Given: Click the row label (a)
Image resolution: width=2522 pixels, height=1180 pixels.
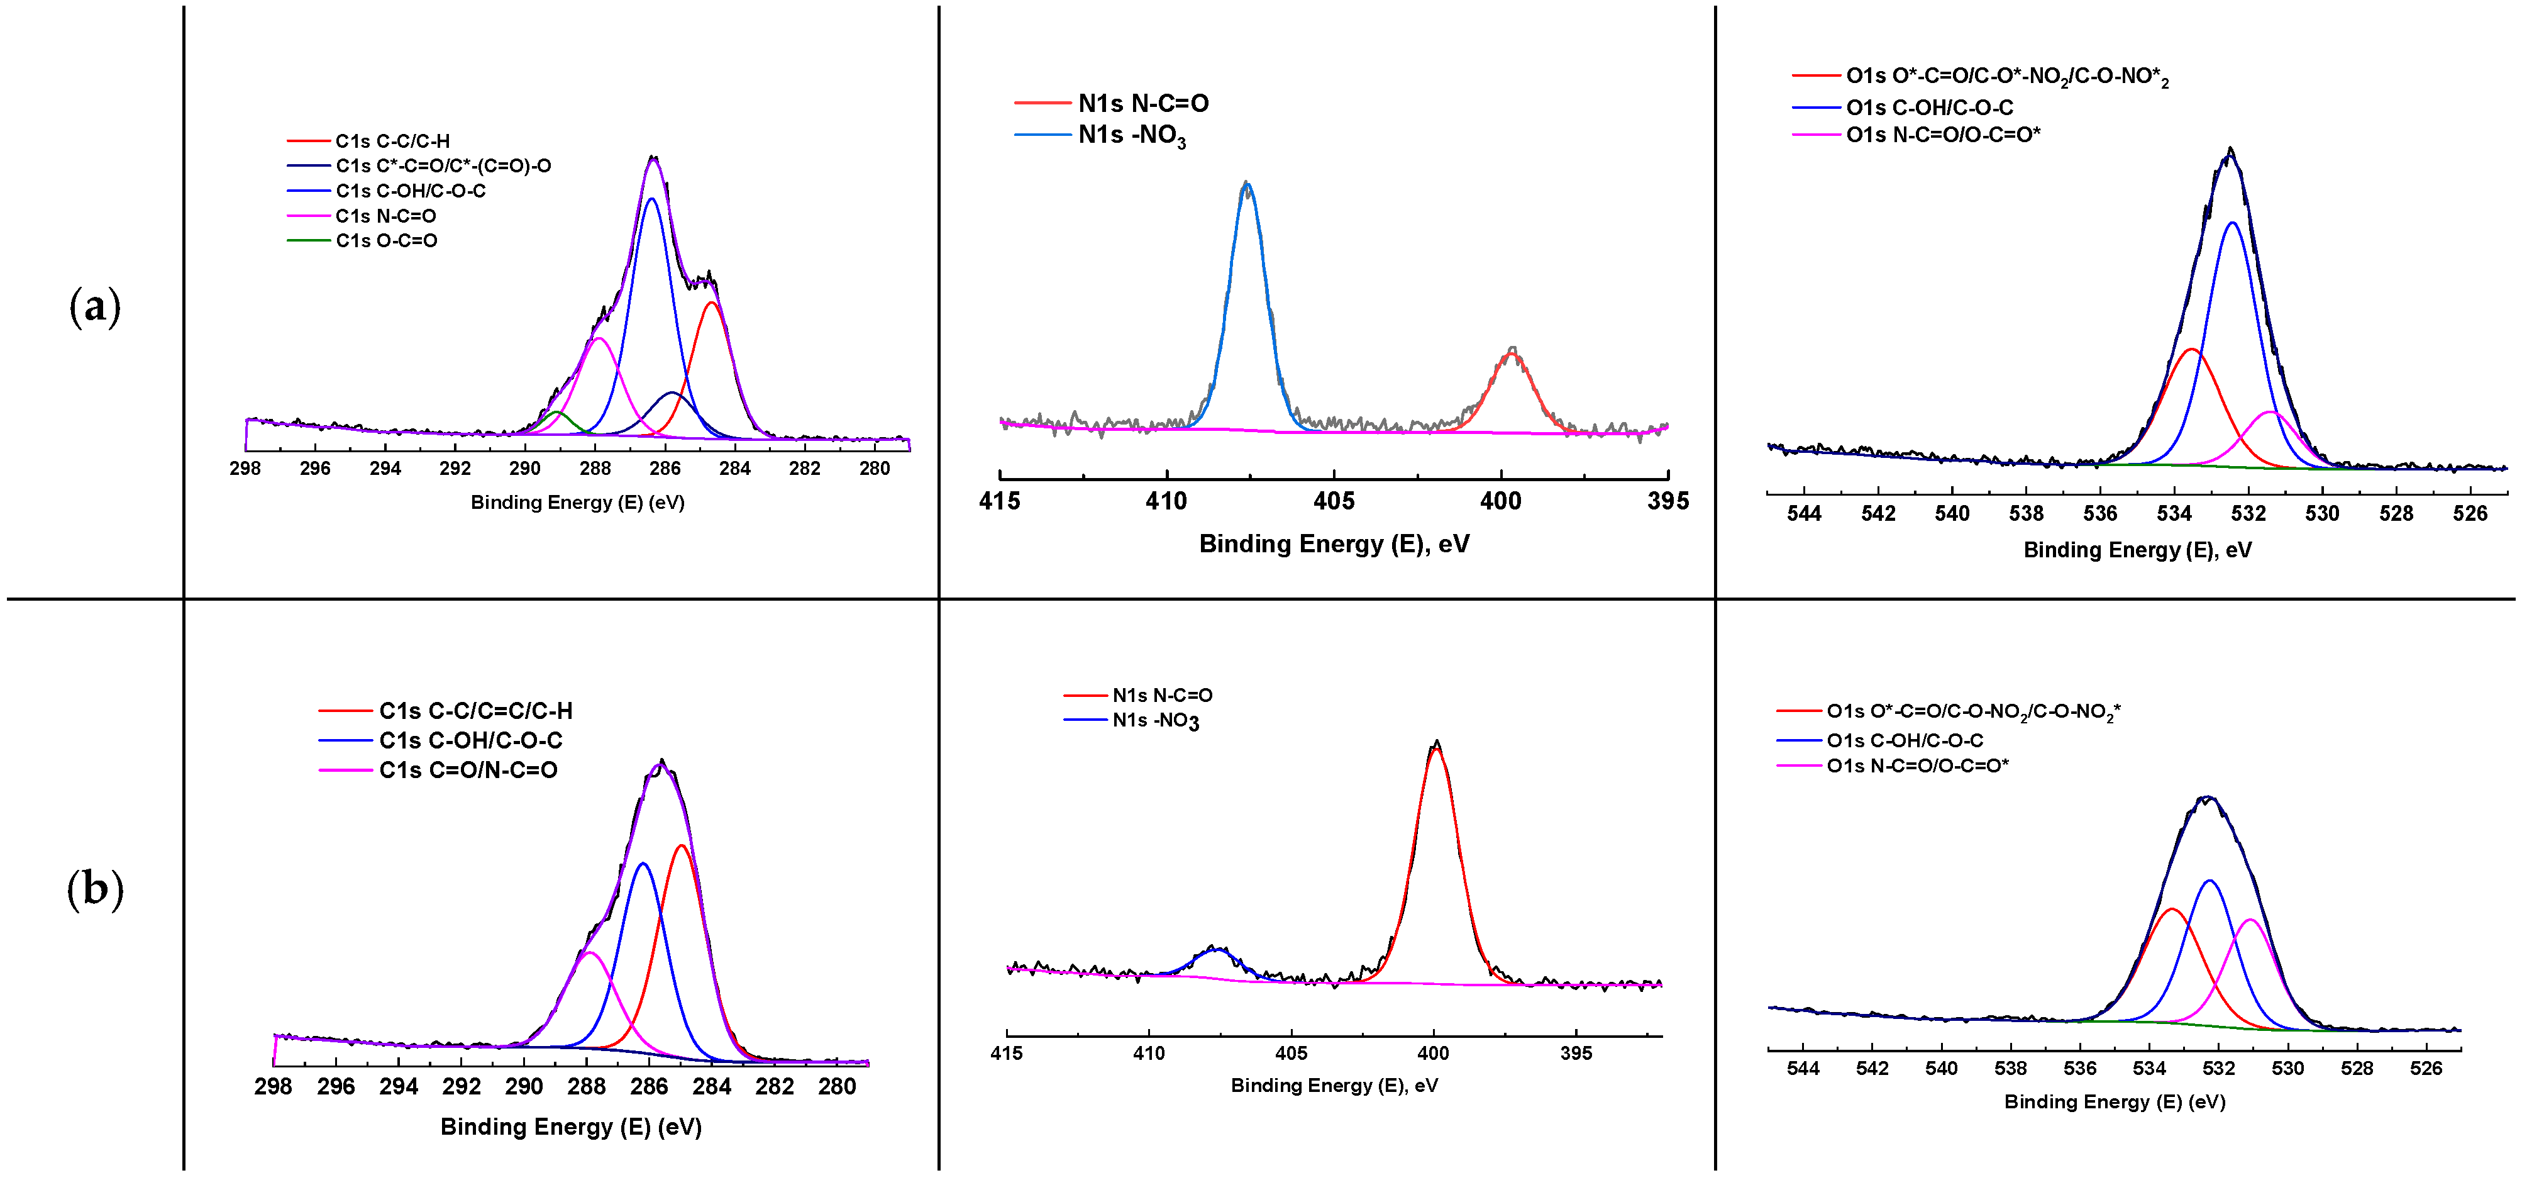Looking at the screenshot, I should point(95,306).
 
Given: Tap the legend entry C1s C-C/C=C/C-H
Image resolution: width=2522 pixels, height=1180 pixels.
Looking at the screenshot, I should point(475,711).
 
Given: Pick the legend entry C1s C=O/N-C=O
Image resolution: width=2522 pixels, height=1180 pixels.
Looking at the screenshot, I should point(468,771).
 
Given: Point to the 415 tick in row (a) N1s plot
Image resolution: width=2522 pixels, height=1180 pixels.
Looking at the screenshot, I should point(1000,501).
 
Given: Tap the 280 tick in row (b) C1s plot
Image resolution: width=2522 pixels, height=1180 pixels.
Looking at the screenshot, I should point(837,1087).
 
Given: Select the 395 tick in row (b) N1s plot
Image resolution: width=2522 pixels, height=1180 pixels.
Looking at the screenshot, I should point(1576,1054).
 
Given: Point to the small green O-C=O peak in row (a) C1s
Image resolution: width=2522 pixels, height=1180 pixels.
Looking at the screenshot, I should point(557,413).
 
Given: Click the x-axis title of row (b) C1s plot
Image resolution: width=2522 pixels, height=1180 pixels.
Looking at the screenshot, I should point(571,1127).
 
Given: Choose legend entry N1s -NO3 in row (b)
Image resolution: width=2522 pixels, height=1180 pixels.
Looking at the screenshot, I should point(1155,721).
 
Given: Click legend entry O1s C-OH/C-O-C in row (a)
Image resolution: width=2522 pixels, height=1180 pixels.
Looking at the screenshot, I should point(1928,108).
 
